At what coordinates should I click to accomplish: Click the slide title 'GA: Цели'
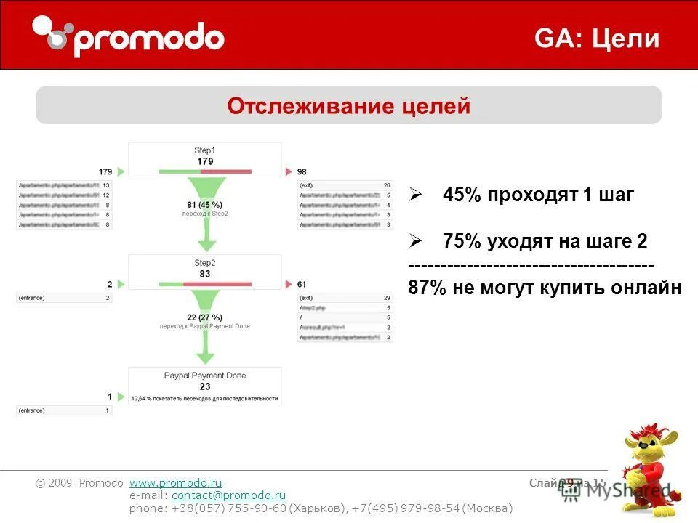[597, 38]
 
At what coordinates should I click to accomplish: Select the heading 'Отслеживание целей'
[349, 106]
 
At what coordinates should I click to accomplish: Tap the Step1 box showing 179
[205, 159]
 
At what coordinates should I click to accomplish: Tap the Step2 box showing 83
[205, 272]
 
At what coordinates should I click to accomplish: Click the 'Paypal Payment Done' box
[205, 385]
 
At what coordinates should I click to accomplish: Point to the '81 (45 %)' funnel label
[205, 205]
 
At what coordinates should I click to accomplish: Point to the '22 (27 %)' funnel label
[205, 317]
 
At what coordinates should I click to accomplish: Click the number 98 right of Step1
[302, 172]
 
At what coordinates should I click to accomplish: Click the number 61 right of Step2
[302, 284]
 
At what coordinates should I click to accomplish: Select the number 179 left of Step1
[105, 172]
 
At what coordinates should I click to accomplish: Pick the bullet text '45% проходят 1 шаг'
[538, 195]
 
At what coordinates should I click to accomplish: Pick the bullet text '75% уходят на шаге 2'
[545, 241]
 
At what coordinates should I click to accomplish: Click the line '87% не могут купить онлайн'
[545, 288]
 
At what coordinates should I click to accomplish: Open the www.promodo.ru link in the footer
[175, 483]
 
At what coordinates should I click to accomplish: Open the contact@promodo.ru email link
[228, 495]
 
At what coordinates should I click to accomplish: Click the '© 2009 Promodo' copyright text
[80, 483]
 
